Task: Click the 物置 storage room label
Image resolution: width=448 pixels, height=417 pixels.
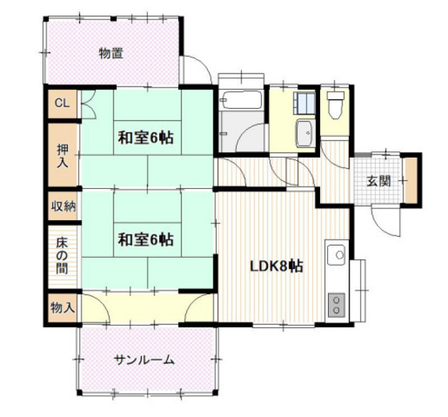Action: [x=111, y=53]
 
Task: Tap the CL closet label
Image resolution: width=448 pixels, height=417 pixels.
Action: [x=62, y=103]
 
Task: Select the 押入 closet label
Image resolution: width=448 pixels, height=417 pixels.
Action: [x=62, y=156]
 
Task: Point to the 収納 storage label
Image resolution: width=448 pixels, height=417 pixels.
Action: [x=63, y=206]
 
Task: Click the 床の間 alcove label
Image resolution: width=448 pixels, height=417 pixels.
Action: [x=62, y=256]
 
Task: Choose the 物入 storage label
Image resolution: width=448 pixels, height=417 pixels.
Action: [x=62, y=308]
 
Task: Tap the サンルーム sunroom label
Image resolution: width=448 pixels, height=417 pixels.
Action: [x=144, y=360]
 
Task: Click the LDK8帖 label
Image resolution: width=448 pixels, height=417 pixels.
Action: [x=277, y=267]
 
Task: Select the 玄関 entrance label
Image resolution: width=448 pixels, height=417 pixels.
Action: [x=379, y=181]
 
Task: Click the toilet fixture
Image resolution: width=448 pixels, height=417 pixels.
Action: [x=335, y=105]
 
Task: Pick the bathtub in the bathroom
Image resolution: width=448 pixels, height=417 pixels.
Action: [x=242, y=100]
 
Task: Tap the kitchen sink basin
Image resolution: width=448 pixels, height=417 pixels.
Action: [x=337, y=255]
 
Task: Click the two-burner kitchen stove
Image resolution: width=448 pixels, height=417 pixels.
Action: [x=337, y=305]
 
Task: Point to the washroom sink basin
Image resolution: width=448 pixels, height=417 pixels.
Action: [x=306, y=133]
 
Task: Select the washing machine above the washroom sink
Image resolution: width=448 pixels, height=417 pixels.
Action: [x=306, y=103]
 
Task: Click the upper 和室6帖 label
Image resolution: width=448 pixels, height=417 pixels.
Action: [x=146, y=138]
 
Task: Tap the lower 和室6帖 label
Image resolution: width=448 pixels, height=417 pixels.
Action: [x=146, y=239]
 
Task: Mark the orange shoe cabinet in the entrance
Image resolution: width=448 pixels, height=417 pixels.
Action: [x=411, y=181]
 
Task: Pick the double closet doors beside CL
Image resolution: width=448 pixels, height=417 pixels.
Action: [x=89, y=104]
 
